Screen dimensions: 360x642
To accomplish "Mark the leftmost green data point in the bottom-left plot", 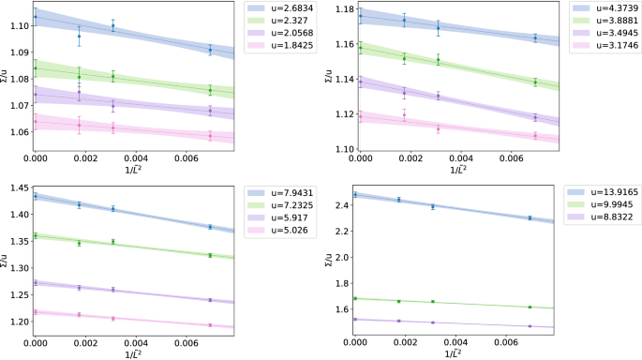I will click(x=36, y=235).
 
